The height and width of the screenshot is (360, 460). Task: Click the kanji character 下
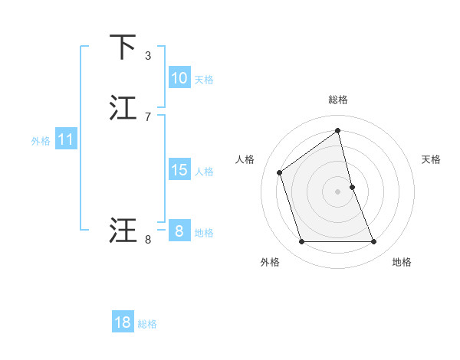[123, 48]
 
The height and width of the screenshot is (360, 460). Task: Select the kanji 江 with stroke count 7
[123, 108]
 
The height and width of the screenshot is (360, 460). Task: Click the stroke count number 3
[148, 56]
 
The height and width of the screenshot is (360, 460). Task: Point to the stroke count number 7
[148, 116]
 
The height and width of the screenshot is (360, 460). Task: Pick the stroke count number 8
[148, 240]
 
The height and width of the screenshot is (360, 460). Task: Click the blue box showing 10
[179, 77]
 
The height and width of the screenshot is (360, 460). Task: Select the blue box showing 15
[179, 170]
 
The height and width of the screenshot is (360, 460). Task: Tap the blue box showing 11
[65, 140]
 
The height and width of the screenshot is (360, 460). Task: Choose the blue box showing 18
[123, 322]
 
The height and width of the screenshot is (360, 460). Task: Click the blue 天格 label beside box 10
[204, 79]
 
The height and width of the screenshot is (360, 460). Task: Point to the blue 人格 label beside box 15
[204, 172]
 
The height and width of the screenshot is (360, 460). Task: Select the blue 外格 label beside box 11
[41, 141]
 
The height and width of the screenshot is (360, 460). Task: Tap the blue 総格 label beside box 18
[147, 324]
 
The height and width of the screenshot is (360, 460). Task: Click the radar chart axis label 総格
[338, 100]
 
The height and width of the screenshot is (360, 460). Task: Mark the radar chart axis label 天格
[432, 159]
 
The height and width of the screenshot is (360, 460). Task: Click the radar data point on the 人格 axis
[280, 172]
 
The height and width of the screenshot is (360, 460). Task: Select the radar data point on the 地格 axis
[374, 242]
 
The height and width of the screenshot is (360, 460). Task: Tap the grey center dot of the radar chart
[338, 191]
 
